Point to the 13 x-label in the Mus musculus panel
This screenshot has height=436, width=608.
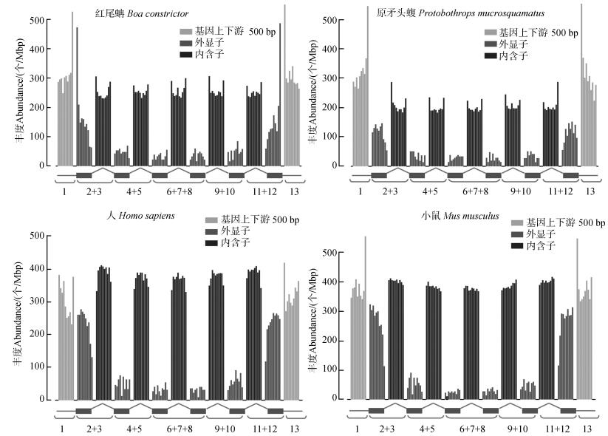pos(587,428)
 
